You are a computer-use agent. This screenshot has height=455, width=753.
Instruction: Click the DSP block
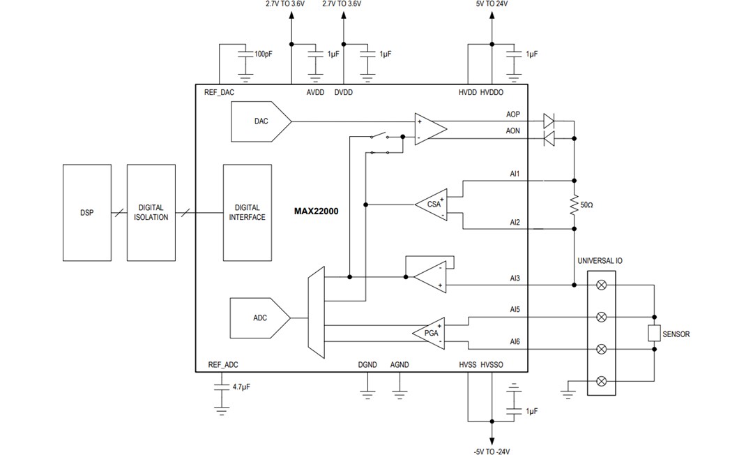(86, 213)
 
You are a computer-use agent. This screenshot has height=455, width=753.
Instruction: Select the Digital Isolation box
(151, 213)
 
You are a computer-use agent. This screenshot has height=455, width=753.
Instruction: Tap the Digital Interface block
(248, 213)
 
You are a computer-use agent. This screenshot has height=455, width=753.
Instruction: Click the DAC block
(259, 121)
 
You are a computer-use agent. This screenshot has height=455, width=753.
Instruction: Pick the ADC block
(259, 318)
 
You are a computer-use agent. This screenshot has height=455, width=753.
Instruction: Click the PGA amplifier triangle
(430, 333)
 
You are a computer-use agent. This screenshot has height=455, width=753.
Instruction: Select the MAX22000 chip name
(316, 211)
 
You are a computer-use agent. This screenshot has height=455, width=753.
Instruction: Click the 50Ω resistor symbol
(574, 205)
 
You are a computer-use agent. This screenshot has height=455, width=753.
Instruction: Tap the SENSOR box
(654, 334)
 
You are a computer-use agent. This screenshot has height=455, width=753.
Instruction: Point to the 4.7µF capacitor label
(242, 385)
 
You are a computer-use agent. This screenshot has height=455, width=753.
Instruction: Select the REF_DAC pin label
(219, 92)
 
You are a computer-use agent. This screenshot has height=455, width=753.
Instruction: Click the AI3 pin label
(515, 278)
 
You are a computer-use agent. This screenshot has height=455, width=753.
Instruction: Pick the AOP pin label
(512, 114)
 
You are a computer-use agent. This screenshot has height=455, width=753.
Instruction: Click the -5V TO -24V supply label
(492, 450)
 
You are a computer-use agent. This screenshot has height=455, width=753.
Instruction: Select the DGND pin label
(367, 365)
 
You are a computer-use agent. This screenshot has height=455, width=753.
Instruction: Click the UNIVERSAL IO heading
(600, 261)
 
